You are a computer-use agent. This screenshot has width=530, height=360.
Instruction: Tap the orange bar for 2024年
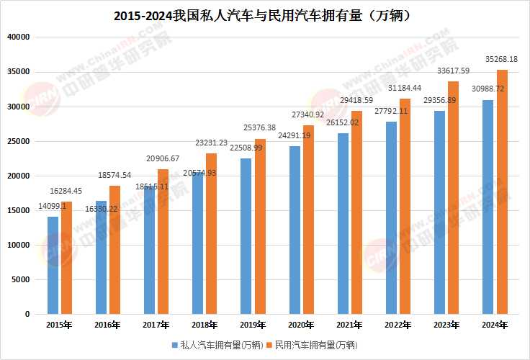[503, 192]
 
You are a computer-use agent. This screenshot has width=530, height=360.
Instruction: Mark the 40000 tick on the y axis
[17, 37]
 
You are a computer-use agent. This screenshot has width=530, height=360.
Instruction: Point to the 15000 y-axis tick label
[17, 210]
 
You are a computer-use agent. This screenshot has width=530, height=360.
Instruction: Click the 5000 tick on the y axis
[19, 279]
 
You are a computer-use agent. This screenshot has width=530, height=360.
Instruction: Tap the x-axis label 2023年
[446, 325]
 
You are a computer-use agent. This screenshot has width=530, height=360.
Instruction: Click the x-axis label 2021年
[349, 325]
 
